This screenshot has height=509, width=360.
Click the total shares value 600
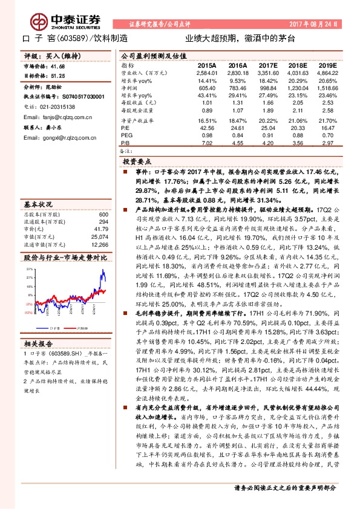(103, 215)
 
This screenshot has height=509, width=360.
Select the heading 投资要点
(136, 163)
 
